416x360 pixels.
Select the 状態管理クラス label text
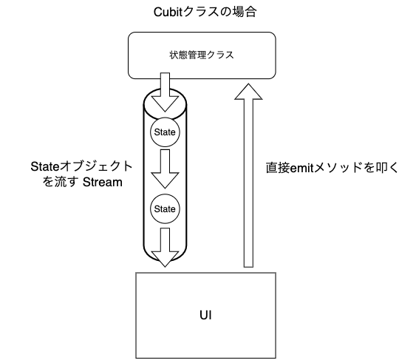(x=202, y=55)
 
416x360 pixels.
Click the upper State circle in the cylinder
(x=165, y=132)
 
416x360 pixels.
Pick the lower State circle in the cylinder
(x=165, y=208)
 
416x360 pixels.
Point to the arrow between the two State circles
(x=165, y=169)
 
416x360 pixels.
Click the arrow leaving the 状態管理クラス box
(x=165, y=92)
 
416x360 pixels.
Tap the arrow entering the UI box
(x=165, y=248)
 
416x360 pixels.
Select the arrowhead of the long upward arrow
(x=248, y=92)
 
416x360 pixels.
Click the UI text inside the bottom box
(x=205, y=315)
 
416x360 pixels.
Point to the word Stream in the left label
(x=103, y=183)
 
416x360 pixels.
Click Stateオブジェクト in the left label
(x=81, y=167)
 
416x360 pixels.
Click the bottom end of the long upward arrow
(x=248, y=267)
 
